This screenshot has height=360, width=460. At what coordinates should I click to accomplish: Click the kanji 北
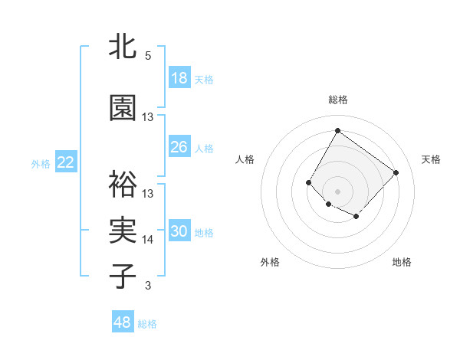click(123, 48)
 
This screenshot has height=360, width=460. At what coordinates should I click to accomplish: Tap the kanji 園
click(123, 109)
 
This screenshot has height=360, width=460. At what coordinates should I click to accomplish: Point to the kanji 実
click(123, 231)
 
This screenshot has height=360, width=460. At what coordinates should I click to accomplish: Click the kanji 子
click(123, 276)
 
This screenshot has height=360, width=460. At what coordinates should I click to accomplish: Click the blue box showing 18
click(179, 78)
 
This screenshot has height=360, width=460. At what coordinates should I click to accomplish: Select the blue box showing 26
click(179, 147)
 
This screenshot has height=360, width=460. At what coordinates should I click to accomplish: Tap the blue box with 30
click(179, 231)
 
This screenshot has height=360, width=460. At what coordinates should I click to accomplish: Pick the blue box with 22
click(66, 162)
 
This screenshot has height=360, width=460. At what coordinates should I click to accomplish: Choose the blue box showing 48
click(123, 322)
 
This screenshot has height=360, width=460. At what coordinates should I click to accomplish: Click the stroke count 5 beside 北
click(148, 56)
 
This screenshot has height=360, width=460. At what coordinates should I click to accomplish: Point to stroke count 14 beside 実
click(148, 240)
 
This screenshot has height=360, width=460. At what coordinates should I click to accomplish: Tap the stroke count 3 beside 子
click(148, 286)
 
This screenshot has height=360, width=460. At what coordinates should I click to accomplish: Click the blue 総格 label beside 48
click(147, 324)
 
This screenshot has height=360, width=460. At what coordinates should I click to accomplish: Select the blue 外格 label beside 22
click(41, 163)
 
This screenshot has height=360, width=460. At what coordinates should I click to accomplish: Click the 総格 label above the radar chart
click(337, 100)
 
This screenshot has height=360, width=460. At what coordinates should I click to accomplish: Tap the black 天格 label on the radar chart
click(431, 159)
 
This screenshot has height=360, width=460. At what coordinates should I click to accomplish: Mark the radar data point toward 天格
click(396, 172)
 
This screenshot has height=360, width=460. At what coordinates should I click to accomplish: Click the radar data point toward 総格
click(337, 130)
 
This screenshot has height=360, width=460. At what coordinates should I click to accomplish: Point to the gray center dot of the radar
click(337, 191)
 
